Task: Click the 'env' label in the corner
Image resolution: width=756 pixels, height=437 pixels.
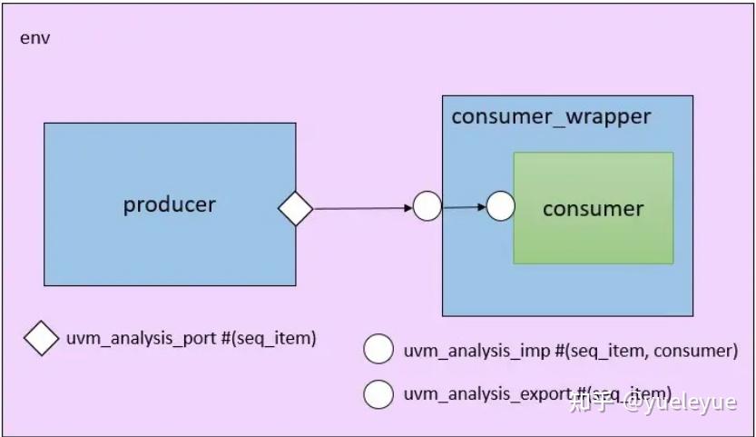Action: click(34, 39)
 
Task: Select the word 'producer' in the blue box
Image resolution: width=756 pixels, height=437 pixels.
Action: click(170, 204)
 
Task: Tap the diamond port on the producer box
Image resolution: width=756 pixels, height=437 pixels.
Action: click(295, 209)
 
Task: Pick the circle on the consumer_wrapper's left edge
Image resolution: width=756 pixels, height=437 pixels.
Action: click(427, 207)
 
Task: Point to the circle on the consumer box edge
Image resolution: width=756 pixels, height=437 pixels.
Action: click(500, 206)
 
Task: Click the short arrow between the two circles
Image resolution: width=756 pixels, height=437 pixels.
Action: click(464, 207)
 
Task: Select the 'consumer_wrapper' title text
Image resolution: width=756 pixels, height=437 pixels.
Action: click(551, 116)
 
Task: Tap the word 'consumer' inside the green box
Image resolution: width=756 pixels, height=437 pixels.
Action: click(593, 209)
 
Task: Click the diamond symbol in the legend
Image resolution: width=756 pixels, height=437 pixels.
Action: click(41, 340)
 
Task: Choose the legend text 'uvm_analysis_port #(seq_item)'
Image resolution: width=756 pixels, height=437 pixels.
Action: click(191, 339)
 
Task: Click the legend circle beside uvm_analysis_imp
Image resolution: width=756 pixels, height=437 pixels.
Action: click(378, 350)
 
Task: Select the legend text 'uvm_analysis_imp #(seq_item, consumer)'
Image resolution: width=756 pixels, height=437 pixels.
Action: click(570, 350)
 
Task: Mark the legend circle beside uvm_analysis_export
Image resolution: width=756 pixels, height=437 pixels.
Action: click(378, 394)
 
